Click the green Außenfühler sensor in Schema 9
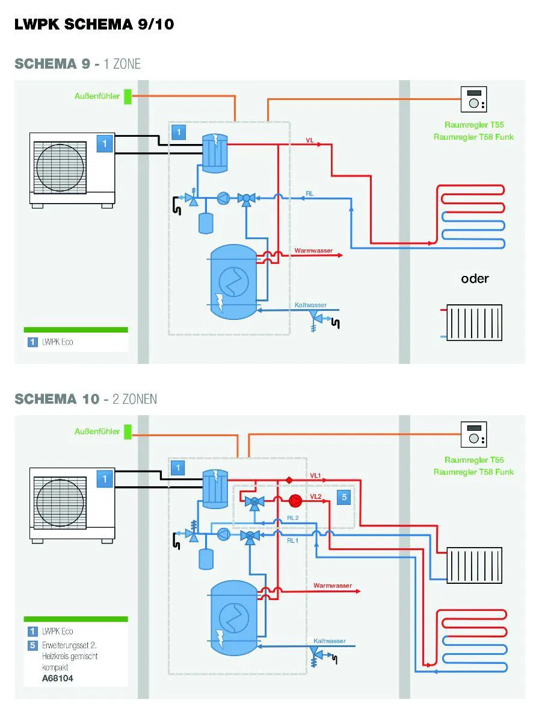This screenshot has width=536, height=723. [128, 96]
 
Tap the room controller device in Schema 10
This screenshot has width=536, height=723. [473, 434]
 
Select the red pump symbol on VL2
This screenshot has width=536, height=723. [295, 500]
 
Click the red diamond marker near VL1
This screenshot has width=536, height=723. [289, 480]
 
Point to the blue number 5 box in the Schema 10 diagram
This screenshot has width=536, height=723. [343, 497]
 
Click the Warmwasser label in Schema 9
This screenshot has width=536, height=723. [313, 251]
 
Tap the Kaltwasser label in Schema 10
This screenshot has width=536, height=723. [329, 640]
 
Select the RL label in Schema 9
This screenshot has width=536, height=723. [309, 193]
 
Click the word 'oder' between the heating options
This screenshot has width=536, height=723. [475, 278]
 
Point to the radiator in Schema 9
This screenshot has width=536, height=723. [474, 322]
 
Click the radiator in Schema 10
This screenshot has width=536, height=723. [474, 565]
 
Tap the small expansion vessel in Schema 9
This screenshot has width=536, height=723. [206, 223]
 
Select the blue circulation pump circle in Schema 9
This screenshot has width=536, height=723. [223, 198]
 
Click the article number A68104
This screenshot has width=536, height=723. [58, 678]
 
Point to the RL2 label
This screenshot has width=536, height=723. [292, 518]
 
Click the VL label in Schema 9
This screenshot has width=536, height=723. [309, 140]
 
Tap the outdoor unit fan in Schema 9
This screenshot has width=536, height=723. [60, 167]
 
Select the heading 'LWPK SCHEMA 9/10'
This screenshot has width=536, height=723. [94, 25]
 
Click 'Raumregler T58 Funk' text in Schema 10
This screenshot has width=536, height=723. [473, 472]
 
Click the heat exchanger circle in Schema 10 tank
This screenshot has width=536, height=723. [233, 617]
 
